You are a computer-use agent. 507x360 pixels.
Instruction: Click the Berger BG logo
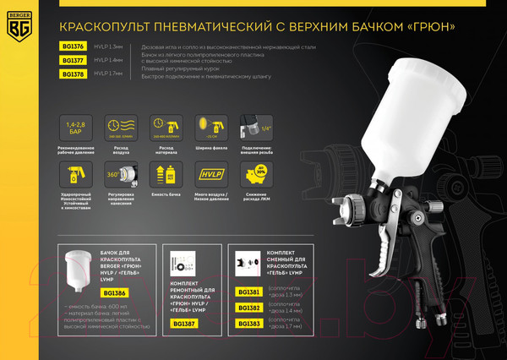coord(19,26)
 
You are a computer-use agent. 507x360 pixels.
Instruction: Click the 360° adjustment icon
coord(118,175)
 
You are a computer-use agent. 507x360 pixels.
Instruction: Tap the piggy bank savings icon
coord(251,175)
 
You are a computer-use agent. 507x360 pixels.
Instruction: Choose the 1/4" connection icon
coord(251,128)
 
